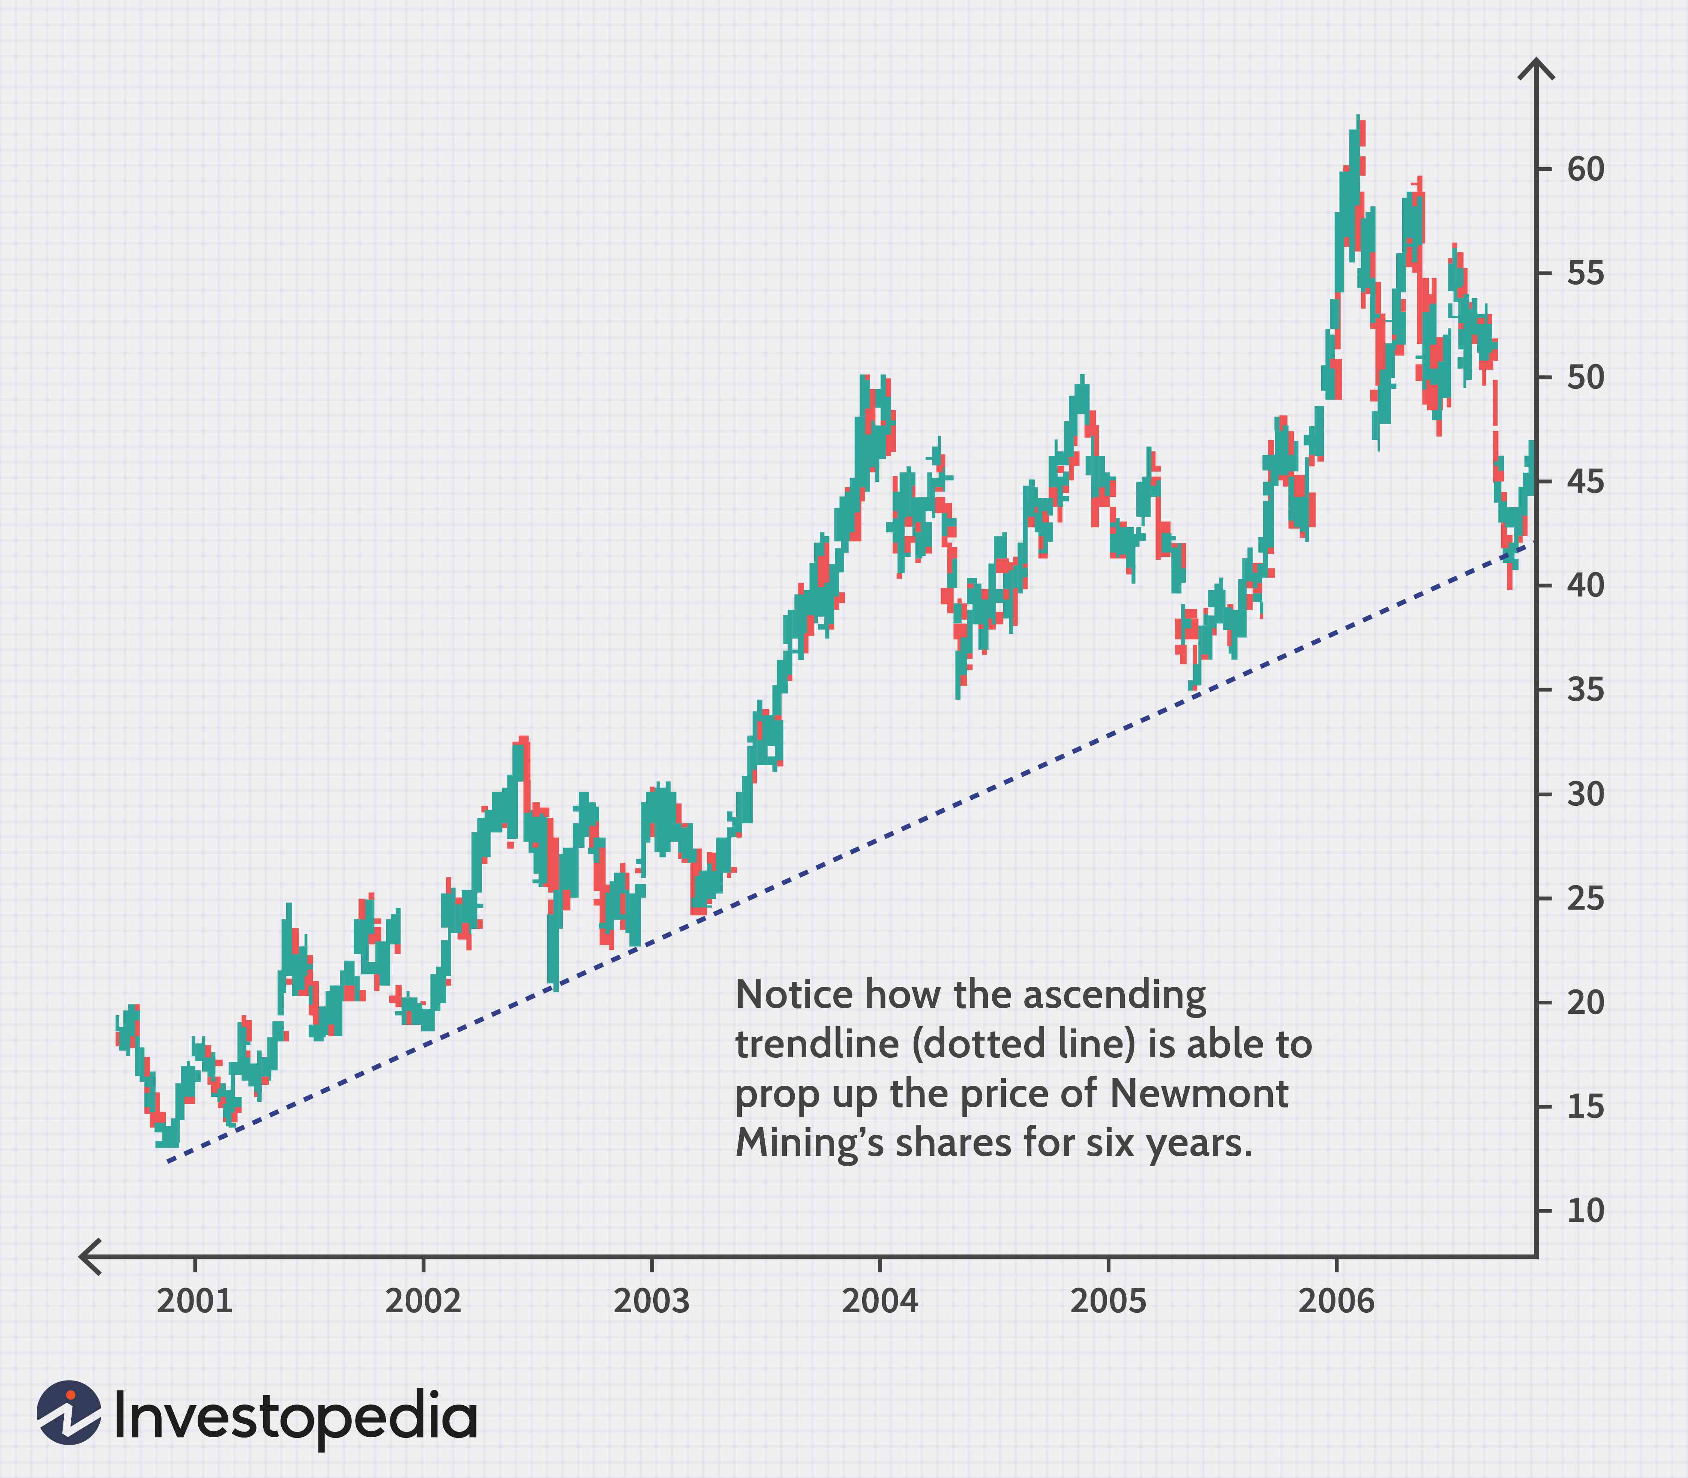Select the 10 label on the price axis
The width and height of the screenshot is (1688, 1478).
[1586, 1211]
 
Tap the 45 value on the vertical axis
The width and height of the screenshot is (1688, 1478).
[1586, 482]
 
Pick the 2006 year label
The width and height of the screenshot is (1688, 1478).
[1337, 1301]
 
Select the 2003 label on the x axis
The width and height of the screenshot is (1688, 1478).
[652, 1301]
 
